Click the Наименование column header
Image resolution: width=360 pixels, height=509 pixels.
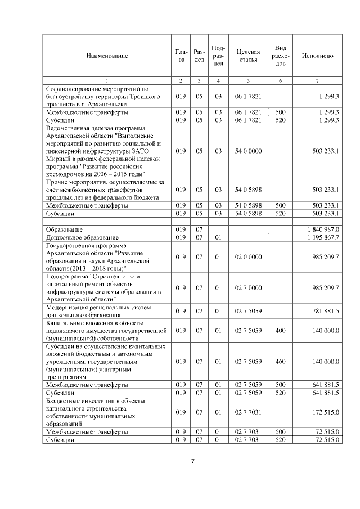pyautogui.click(x=107, y=56)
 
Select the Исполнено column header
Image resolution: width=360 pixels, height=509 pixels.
pyautogui.click(x=318, y=56)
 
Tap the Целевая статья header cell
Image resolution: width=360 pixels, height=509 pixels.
pyautogui.click(x=248, y=56)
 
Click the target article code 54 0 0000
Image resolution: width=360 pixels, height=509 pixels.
pyautogui.click(x=248, y=151)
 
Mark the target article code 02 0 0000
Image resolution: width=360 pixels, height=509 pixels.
pyautogui.click(x=248, y=257)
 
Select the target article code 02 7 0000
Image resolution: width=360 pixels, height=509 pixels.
pyautogui.click(x=248, y=288)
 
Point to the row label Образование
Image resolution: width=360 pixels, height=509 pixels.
pyautogui.click(x=65, y=229)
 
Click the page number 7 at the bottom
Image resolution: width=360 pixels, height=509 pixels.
pyautogui.click(x=192, y=462)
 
